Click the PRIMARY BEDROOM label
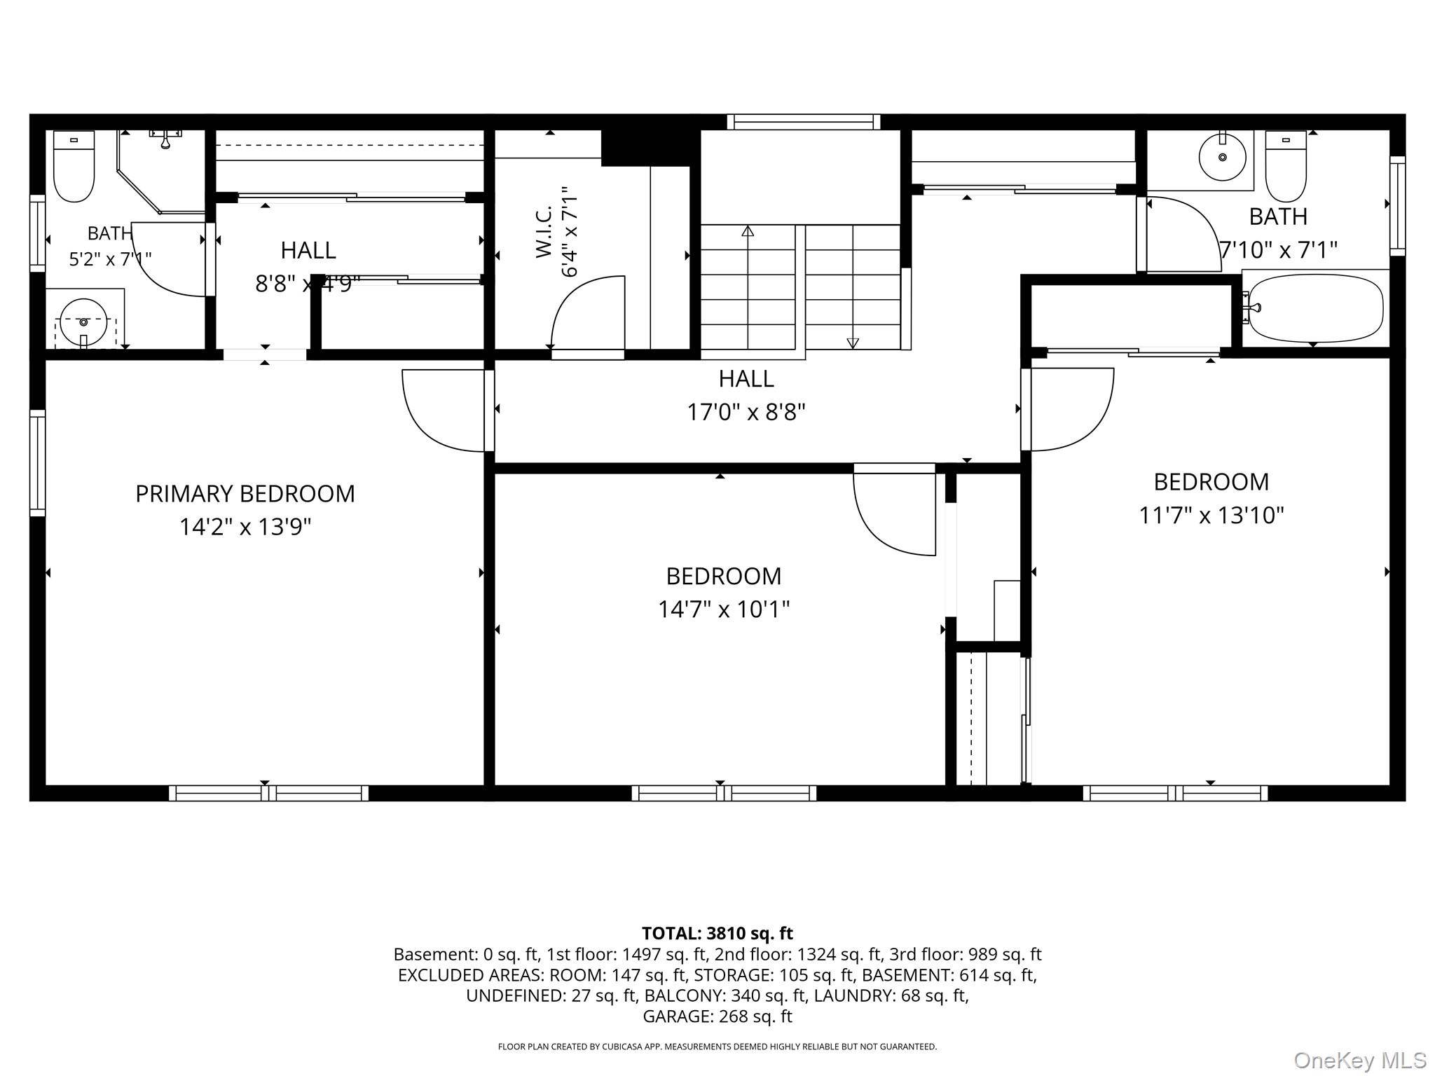pos(245,494)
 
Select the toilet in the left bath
pos(74,166)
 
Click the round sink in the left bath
pos(84,322)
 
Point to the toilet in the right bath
pos(1286,166)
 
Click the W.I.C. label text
pos(544,231)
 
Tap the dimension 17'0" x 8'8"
pos(746,412)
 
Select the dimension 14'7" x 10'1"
pos(724,609)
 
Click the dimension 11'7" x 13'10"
pos(1211,516)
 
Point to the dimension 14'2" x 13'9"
pos(245,527)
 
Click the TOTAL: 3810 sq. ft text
pos(717,933)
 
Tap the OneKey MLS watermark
pos(1359,1060)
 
